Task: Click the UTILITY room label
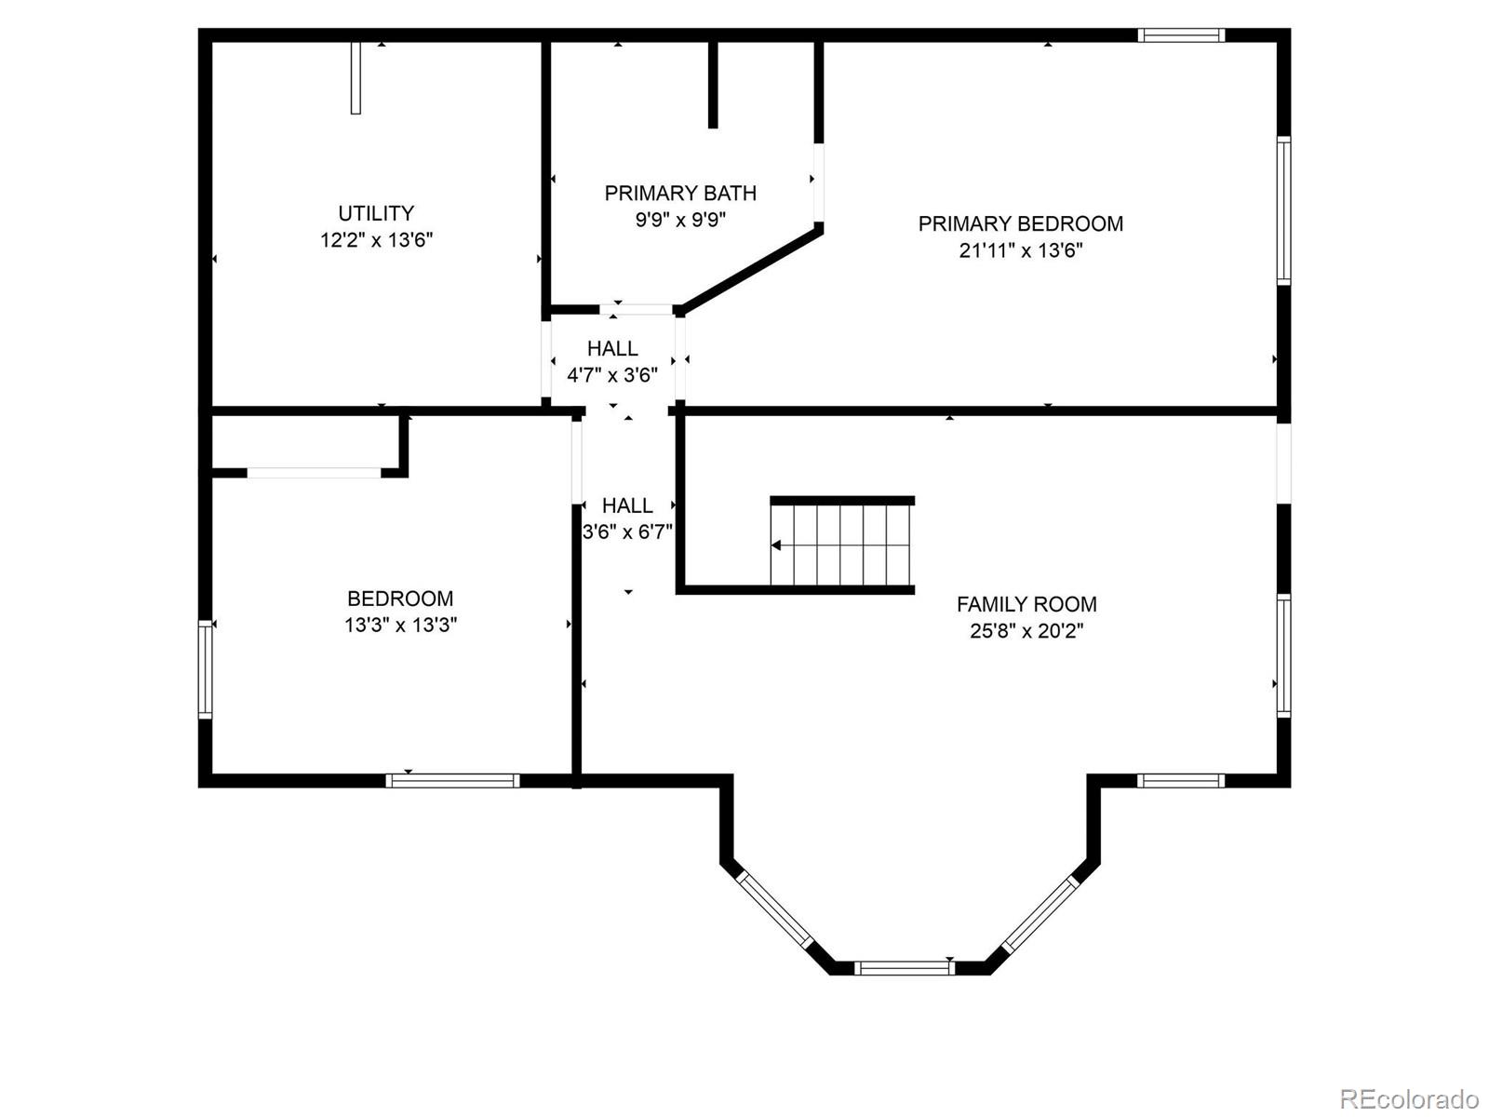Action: point(376,213)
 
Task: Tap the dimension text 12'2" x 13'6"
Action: point(376,240)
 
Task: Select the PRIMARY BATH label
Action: point(680,193)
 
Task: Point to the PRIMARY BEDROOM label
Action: point(1020,223)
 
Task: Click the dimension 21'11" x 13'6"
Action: point(1020,250)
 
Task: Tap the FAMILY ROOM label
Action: point(1026,604)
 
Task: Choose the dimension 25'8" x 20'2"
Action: point(1026,631)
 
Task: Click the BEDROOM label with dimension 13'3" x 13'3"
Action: point(400,599)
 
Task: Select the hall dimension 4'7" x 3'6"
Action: point(612,375)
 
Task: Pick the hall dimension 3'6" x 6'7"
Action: point(627,532)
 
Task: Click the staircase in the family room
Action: point(842,545)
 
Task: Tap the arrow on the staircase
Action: point(776,545)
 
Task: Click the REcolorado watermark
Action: point(1408,1098)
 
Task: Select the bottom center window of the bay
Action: point(904,968)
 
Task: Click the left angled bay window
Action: point(774,910)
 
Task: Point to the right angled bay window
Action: point(1039,913)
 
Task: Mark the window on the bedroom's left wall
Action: point(205,670)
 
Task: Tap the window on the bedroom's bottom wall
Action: point(452,781)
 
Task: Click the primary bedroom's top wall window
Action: point(1181,35)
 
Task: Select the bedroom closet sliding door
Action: point(314,473)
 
